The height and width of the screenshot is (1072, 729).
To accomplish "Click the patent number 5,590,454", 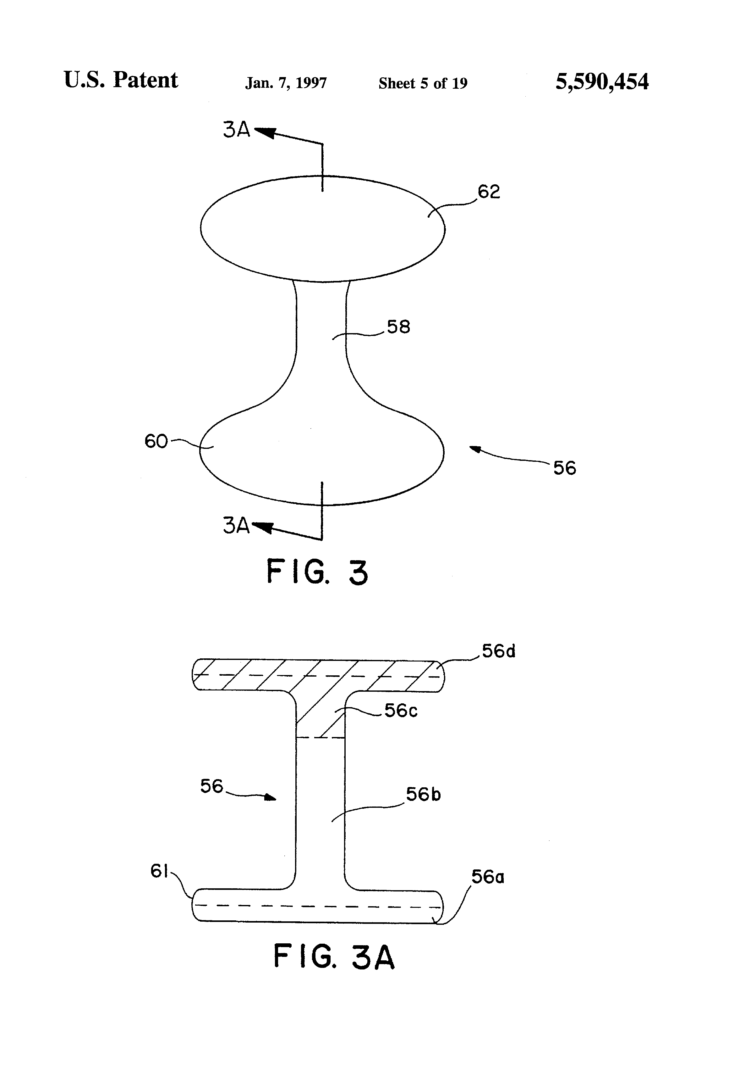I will coord(601,82).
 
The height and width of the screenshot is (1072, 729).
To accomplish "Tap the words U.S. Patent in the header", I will coord(121,80).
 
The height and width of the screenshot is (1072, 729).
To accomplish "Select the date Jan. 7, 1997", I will coord(286,83).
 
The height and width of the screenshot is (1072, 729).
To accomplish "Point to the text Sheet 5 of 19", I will coord(423,83).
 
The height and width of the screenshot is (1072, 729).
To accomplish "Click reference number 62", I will coord(489,192).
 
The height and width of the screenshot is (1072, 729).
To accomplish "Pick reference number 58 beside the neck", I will coord(398,327).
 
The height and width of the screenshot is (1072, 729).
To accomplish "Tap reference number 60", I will coord(156,441).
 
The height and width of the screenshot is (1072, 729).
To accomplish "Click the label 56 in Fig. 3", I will coord(564,468).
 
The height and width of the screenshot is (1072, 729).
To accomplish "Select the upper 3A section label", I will coord(236,130).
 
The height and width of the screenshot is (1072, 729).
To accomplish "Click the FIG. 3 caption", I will coord(317,572).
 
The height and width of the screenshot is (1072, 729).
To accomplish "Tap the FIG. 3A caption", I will coord(334,957).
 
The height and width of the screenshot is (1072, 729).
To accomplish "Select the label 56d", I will coord(499,651).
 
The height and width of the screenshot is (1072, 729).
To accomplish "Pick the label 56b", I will coord(423,794).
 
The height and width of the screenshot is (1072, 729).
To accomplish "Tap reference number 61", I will coord(159,871).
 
